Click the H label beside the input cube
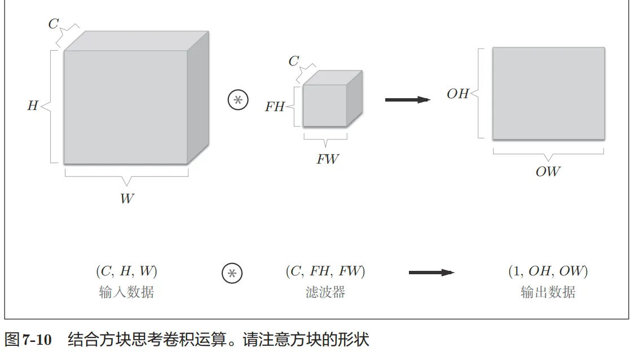(x=33, y=106)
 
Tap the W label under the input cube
(x=127, y=199)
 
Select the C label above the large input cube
(x=54, y=24)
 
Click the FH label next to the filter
(x=275, y=107)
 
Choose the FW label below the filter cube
(x=327, y=159)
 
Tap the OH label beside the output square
(x=457, y=94)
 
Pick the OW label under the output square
(x=548, y=172)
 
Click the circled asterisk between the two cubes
(x=237, y=100)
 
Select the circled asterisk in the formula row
(x=231, y=273)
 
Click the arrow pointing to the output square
(x=407, y=100)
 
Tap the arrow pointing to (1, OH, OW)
(x=431, y=273)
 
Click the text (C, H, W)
(x=126, y=271)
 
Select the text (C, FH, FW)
(x=325, y=271)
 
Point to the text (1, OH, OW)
(x=548, y=271)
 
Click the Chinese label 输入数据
(x=126, y=292)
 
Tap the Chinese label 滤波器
(x=325, y=292)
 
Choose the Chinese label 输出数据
(x=548, y=292)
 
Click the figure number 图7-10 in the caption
(x=28, y=340)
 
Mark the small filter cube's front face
(x=324, y=106)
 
